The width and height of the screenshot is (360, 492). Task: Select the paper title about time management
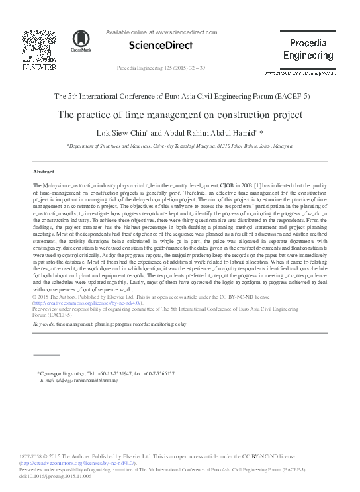pos(180,115)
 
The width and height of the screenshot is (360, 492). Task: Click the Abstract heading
pos(43,170)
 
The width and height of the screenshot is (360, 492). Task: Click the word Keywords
pos(44,325)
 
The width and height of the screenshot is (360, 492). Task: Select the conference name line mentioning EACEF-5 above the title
pos(180,96)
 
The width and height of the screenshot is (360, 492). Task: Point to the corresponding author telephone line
pos(106,374)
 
